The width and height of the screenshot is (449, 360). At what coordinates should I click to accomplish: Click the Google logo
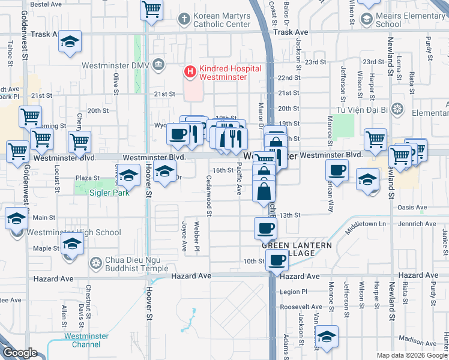tap(20, 353)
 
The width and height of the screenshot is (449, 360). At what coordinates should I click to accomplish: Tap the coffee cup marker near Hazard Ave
tap(277, 260)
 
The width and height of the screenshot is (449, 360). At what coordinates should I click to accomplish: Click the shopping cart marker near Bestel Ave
tap(152, 9)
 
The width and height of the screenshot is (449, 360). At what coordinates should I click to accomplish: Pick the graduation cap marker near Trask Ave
tap(70, 42)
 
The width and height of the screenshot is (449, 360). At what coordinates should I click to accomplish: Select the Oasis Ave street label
tap(412, 208)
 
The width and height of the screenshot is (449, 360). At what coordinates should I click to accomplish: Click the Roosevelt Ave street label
tap(300, 307)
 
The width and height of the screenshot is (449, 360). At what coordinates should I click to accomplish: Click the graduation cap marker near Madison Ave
tap(327, 337)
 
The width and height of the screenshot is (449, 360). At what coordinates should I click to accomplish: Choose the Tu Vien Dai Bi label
tap(358, 109)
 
